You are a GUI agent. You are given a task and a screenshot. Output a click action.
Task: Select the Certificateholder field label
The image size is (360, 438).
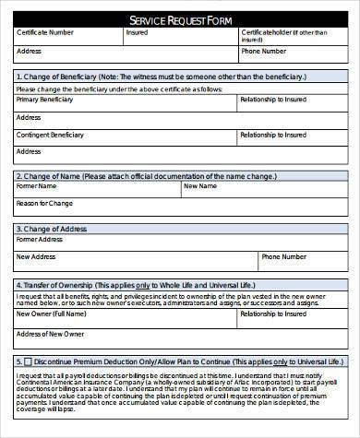[269, 33]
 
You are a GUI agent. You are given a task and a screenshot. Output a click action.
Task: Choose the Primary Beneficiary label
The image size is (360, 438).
[44, 99]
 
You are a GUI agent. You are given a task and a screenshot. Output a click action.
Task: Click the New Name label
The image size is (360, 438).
[199, 186]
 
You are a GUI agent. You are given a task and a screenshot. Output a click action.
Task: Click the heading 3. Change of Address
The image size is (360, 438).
[52, 228]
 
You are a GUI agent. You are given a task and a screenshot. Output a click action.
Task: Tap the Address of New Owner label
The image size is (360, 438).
[50, 333]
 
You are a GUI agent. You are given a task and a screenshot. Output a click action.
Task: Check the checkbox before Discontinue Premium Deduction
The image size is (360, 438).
[28, 361]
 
